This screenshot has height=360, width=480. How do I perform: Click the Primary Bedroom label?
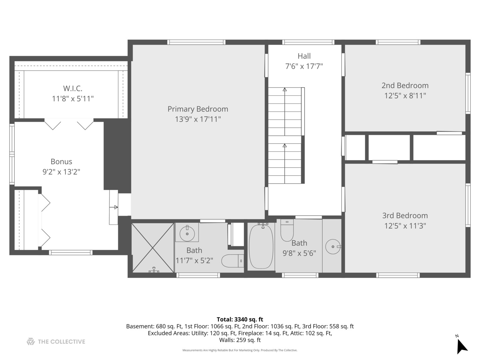point(198,109)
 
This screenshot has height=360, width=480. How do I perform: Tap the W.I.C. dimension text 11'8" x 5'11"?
point(73,99)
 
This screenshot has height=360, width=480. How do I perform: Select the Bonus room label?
point(61,162)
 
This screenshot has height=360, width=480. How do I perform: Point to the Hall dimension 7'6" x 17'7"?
point(304,66)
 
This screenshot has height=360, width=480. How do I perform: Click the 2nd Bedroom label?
point(405,85)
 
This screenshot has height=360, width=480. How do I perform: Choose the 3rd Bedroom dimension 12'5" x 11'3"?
point(405,226)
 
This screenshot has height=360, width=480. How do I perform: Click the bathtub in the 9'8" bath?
point(261,246)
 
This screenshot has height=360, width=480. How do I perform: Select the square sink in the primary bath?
point(187,232)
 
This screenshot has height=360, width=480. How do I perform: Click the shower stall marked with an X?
point(153,248)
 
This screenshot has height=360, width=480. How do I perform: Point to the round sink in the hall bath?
point(332,247)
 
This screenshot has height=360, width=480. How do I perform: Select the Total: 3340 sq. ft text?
point(240,319)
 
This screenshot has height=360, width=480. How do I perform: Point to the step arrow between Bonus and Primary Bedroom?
point(115,207)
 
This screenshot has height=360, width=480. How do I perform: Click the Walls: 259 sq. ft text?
point(240,340)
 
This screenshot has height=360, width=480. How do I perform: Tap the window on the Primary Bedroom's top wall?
point(196,42)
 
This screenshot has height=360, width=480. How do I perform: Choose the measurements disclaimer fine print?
point(240,350)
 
